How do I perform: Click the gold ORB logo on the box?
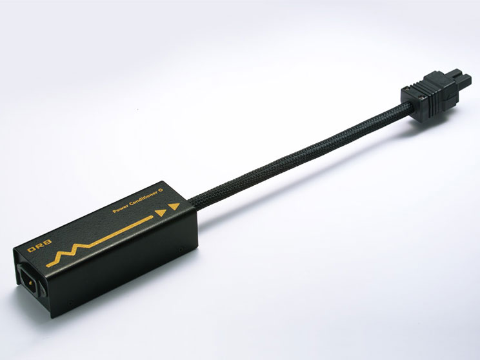pyautogui.click(x=39, y=246)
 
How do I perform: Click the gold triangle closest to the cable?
pyautogui.click(x=174, y=207)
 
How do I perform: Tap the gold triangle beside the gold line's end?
pyautogui.click(x=161, y=213)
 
